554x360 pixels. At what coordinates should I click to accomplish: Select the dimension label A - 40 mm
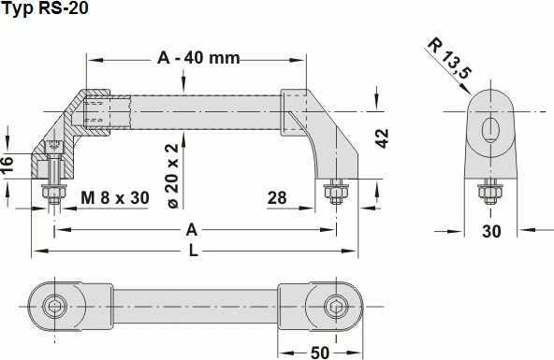(197, 58)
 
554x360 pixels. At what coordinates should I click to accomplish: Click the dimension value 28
(277, 198)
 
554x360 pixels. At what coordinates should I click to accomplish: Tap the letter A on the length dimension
(193, 229)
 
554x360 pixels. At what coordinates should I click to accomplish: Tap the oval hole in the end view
(490, 129)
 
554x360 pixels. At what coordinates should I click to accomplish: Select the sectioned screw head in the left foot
(54, 148)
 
